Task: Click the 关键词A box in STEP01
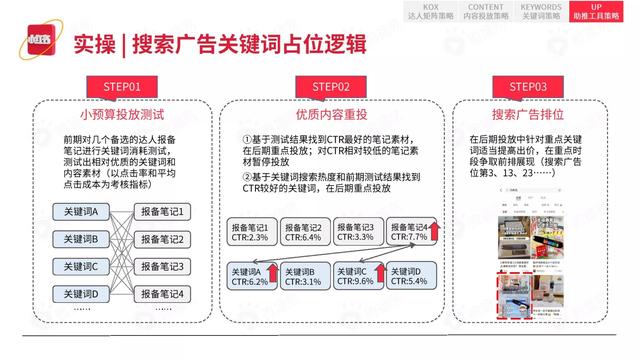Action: [x=80, y=213]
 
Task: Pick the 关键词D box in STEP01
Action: [x=80, y=294]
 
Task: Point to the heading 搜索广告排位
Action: [x=520, y=113]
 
